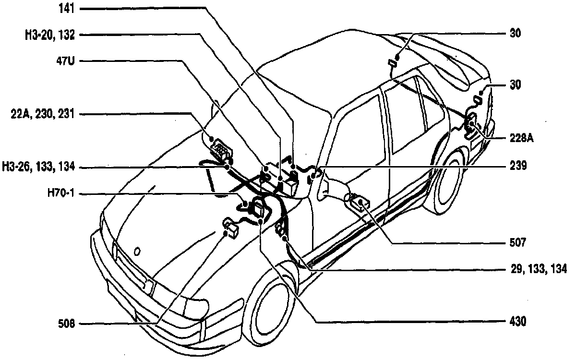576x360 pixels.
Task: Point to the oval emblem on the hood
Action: (x=137, y=251)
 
